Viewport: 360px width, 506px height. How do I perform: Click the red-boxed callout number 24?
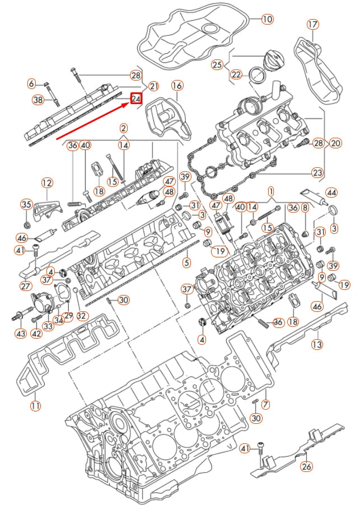coord(136,99)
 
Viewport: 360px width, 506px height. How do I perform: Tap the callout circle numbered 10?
coord(267,19)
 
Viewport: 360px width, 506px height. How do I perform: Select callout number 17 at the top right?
coord(312,24)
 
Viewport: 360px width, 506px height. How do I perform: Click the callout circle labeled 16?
coord(177,86)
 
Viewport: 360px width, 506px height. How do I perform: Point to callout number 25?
coord(217,64)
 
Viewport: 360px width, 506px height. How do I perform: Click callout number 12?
coord(47,182)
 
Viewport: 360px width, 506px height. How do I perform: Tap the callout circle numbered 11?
coord(35,406)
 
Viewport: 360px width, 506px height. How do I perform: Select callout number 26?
coord(307,466)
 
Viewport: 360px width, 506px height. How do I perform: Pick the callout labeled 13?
coord(317,344)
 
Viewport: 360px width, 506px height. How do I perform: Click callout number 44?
coord(332,193)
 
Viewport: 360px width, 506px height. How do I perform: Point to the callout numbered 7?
coord(266,404)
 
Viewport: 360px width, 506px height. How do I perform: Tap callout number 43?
coord(21,334)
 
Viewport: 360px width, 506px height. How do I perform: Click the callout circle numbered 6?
coord(32,84)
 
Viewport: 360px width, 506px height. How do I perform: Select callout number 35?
coord(26,204)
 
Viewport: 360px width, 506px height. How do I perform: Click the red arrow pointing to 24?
coord(92,120)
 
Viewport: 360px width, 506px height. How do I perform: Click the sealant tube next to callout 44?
coord(314,196)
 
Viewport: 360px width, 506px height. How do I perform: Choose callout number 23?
coord(317,172)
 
